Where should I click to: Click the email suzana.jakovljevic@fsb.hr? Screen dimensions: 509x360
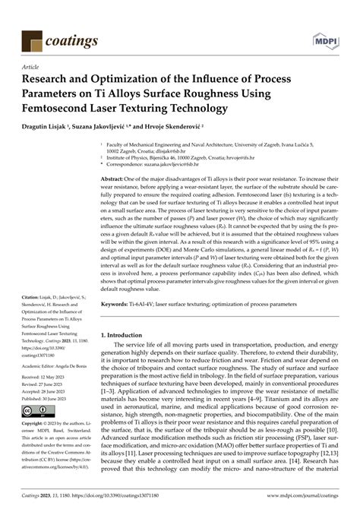coord(182,163)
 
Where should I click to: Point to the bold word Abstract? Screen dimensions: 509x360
coord(115,178)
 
